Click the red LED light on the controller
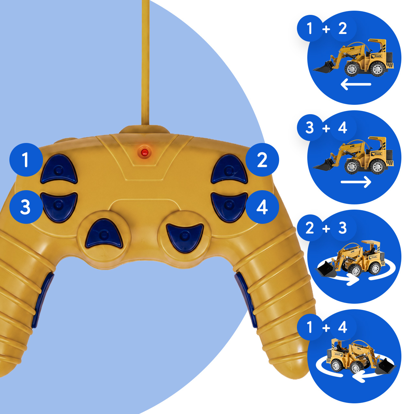tap(145, 153)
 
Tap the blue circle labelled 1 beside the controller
tap(26, 160)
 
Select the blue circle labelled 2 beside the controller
tap(262, 160)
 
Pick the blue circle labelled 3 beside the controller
tap(26, 207)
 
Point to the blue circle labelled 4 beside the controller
tap(262, 207)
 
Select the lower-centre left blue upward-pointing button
tap(104, 234)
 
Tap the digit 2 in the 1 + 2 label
tap(343, 28)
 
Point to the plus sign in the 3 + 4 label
tap(326, 128)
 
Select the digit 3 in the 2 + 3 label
tap(343, 228)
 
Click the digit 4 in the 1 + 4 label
tap(343, 327)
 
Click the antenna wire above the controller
tap(146, 62)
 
